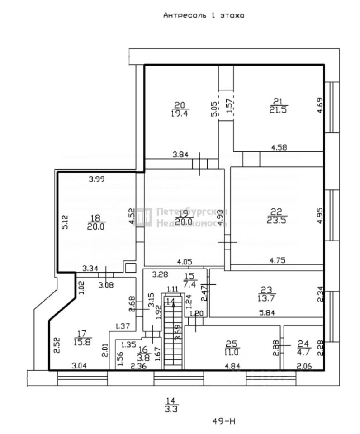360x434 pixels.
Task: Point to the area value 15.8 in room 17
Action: click(83, 342)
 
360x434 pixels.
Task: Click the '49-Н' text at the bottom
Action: click(224, 421)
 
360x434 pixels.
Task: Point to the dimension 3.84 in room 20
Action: click(181, 155)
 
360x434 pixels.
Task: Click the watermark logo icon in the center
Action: click(144, 217)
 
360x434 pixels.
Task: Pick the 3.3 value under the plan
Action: click(171, 410)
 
